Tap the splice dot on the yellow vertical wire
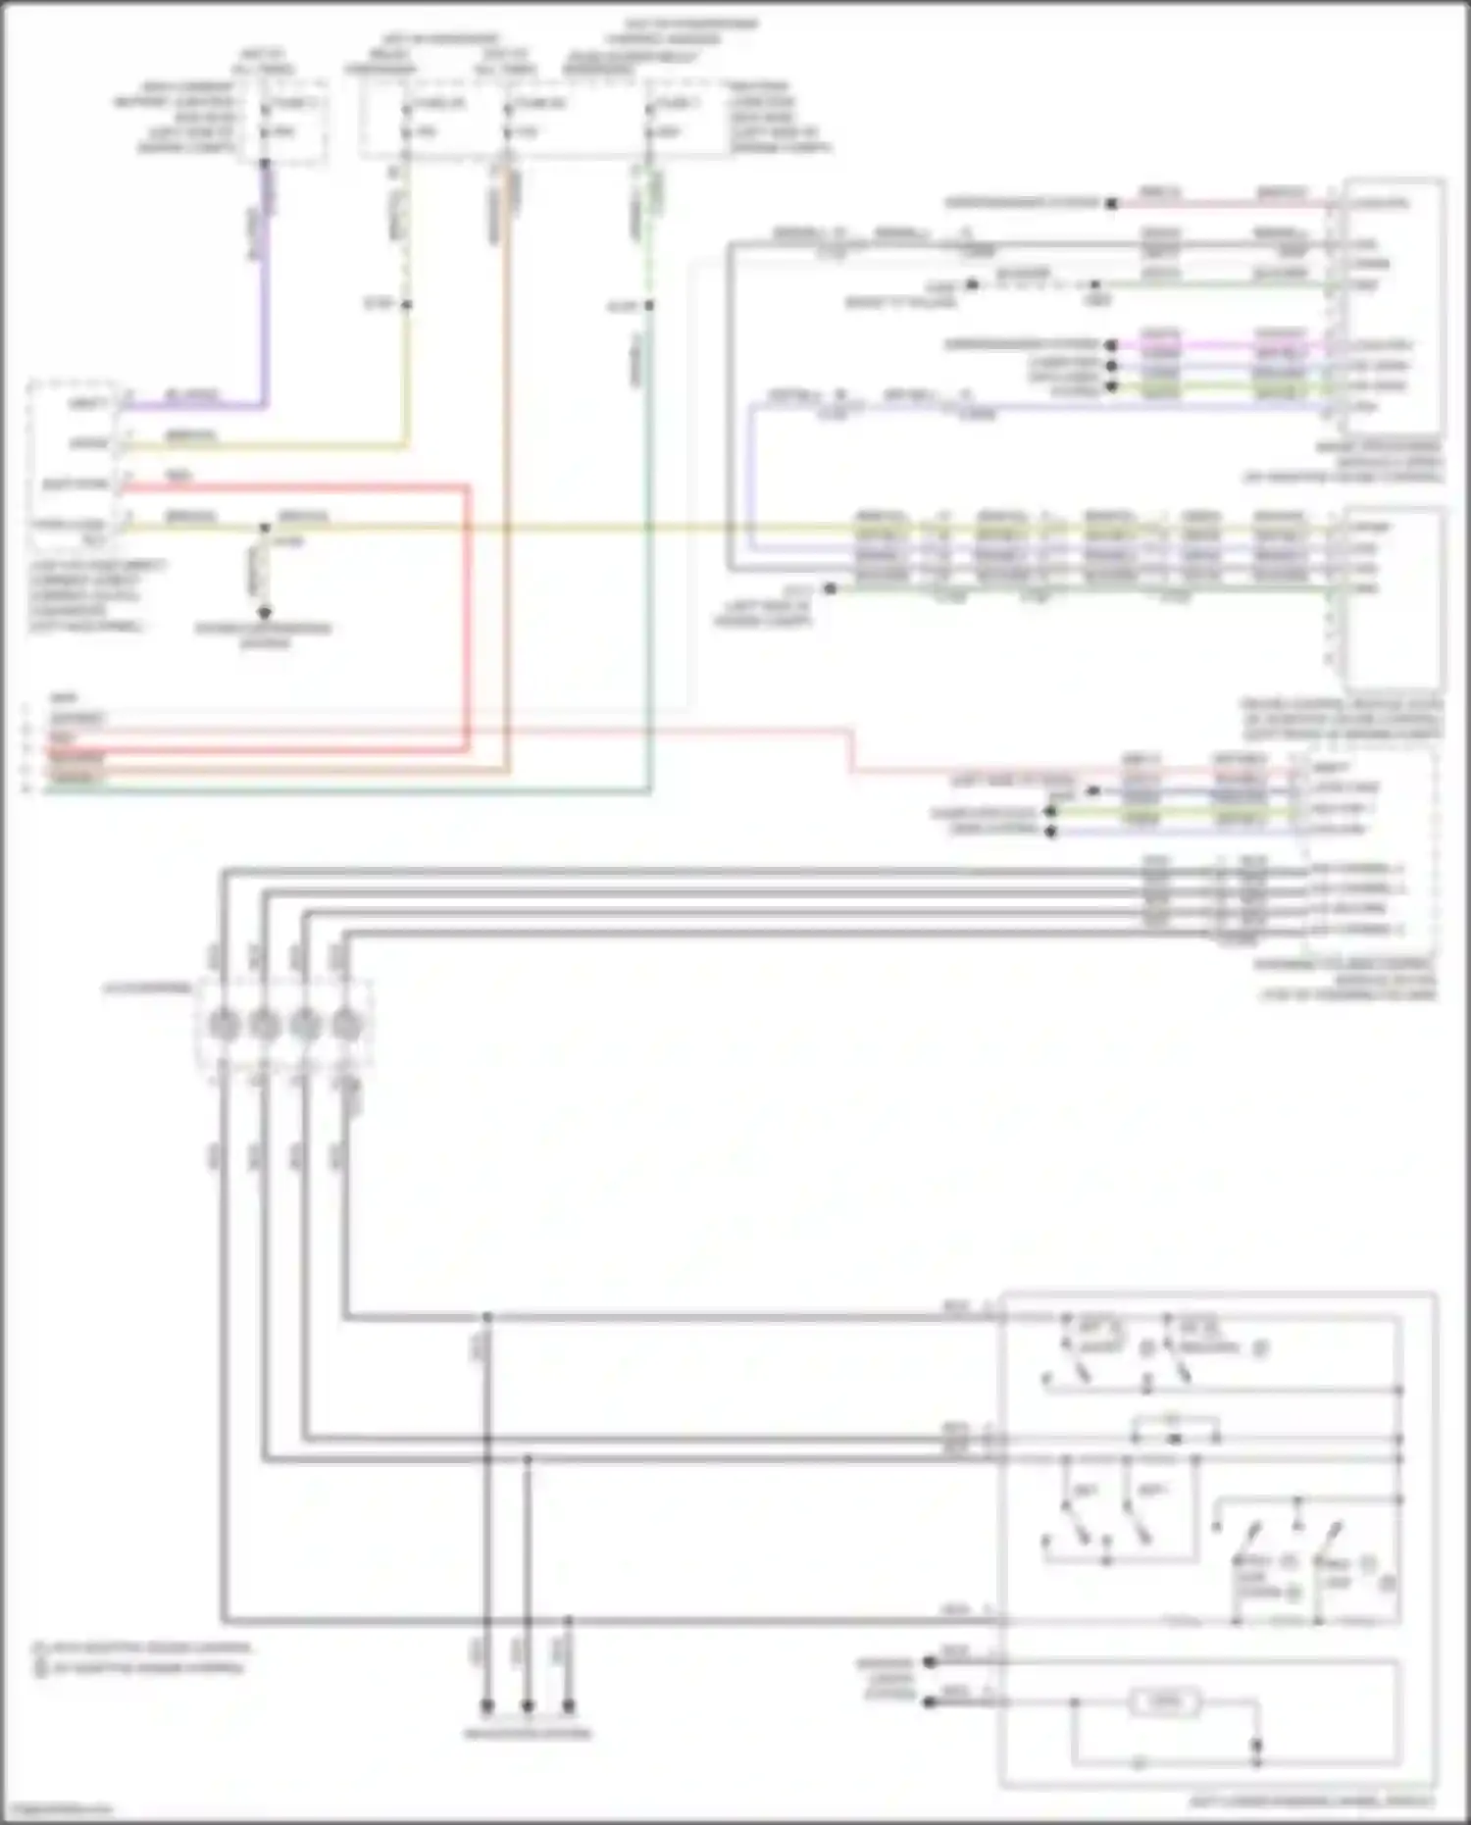406,305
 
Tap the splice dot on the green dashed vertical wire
649,306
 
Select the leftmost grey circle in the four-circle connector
224,1026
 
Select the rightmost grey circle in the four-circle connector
345,1026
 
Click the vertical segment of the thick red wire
467,618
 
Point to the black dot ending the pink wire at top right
1111,204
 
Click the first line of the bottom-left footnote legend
142,1648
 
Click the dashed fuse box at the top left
292,120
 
